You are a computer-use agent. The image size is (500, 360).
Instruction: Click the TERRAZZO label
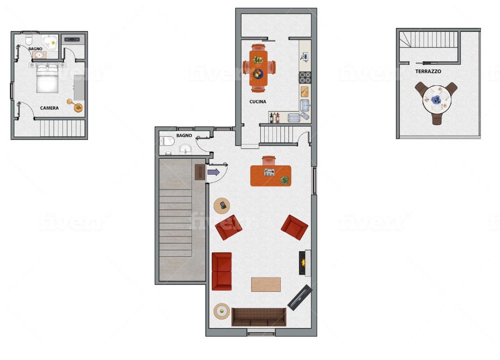(428, 71)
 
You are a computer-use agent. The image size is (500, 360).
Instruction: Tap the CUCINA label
(258, 101)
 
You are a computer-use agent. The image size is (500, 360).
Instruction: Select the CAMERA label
(49, 108)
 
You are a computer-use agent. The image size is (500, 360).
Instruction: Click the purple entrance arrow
(213, 172)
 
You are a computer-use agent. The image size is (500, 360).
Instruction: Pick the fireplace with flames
(304, 263)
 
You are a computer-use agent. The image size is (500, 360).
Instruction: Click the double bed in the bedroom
(47, 78)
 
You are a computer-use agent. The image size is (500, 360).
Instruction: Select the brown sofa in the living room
(259, 317)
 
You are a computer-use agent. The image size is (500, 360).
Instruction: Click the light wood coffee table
(266, 284)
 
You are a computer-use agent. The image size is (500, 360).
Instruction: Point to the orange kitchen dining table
(258, 68)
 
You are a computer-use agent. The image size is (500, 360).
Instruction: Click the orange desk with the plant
(271, 176)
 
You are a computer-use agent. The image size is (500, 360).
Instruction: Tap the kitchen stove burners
(305, 78)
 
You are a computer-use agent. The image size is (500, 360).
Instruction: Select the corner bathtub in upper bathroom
(50, 43)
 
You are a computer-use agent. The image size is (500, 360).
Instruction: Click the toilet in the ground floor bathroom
(167, 141)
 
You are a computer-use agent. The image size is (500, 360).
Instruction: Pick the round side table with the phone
(222, 206)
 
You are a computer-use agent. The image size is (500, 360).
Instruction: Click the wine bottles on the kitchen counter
(274, 118)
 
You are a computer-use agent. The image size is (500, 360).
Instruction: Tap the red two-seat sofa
(222, 271)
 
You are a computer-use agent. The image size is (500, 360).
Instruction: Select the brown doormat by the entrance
(200, 172)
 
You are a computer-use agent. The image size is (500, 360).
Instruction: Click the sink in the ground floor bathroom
(185, 149)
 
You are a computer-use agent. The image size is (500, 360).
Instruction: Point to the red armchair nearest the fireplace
(294, 227)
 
